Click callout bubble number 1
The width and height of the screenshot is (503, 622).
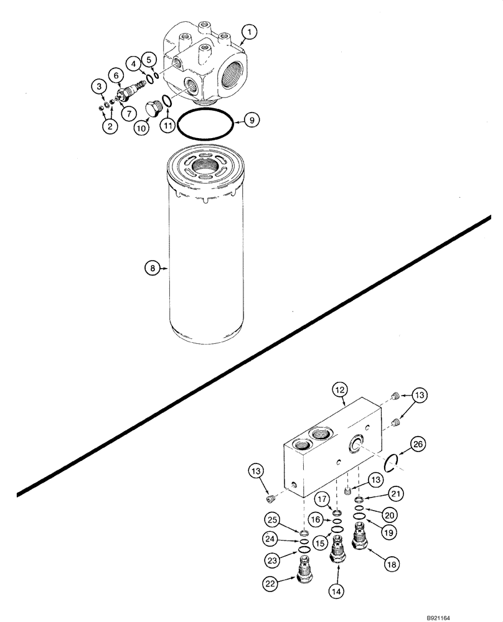tap(248, 30)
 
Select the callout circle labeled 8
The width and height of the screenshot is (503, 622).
tap(151, 269)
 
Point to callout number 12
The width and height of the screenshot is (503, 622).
tap(339, 390)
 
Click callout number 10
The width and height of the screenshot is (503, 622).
tap(142, 128)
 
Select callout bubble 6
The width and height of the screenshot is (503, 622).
tap(116, 75)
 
